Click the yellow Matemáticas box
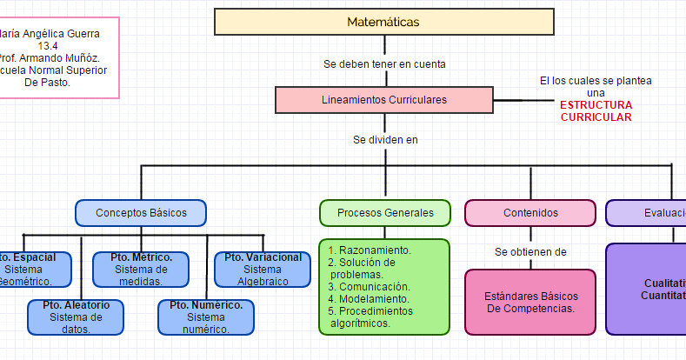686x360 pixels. tap(383, 22)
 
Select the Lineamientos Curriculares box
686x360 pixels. tap(384, 100)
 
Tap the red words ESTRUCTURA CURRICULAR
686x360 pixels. tap(596, 110)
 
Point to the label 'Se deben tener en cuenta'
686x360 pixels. tap(384, 63)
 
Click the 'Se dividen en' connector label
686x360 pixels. tap(384, 139)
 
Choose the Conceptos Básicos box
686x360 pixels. tap(140, 213)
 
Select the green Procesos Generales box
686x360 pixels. tap(384, 213)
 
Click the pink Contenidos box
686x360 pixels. tap(530, 213)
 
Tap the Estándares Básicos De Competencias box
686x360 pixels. tap(530, 302)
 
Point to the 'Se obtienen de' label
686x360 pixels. tap(530, 252)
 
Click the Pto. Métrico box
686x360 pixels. tap(141, 269)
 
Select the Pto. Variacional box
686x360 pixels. tap(263, 269)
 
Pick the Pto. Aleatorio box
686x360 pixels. tap(76, 317)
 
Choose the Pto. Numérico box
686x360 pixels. tap(206, 317)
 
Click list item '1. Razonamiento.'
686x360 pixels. tap(370, 250)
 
